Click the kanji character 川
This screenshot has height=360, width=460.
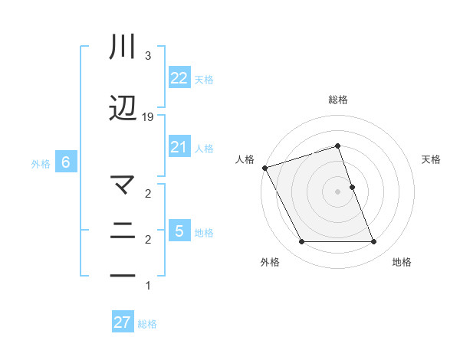point(123,48)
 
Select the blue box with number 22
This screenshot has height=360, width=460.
point(179,78)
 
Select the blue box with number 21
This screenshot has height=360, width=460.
point(179,147)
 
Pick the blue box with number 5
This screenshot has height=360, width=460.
point(179,231)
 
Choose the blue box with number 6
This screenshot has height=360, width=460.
point(66,162)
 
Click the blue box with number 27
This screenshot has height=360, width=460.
point(122,322)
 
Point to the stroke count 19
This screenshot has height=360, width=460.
point(148,116)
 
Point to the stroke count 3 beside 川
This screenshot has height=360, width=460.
point(148,56)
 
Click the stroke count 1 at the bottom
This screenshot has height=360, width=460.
point(148,286)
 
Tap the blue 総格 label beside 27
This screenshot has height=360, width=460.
point(147,324)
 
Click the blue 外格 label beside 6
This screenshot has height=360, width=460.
point(41,163)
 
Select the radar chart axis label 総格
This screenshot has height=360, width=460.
point(337,100)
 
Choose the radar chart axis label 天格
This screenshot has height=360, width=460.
point(432,159)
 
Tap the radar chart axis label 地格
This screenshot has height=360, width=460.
point(402,262)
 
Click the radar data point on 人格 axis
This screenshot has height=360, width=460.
point(264,168)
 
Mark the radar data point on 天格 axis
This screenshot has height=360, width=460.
point(352,187)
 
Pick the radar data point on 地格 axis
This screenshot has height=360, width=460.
point(373,242)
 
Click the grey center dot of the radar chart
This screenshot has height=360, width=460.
point(337,191)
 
